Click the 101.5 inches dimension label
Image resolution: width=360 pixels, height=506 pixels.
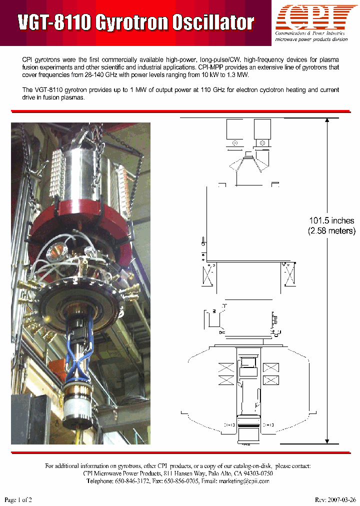click(x=331, y=220)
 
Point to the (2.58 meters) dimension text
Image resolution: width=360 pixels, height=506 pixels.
click(x=331, y=230)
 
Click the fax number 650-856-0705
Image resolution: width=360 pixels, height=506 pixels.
click(x=182, y=481)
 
